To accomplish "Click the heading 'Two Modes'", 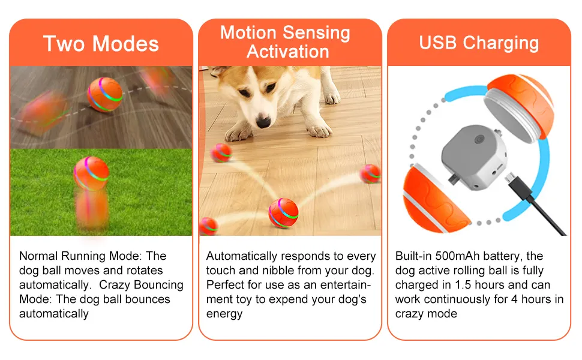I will (x=101, y=44).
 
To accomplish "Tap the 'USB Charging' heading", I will (x=479, y=43).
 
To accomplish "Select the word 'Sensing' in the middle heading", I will (x=318, y=32).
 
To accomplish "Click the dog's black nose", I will (x=263, y=122).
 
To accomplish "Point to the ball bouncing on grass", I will (x=91, y=173).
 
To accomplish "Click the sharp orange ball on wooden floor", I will (x=105, y=94).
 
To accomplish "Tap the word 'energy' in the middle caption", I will (x=224, y=314).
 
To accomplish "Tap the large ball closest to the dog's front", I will (x=283, y=212).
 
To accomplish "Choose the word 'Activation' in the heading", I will (x=287, y=52).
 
